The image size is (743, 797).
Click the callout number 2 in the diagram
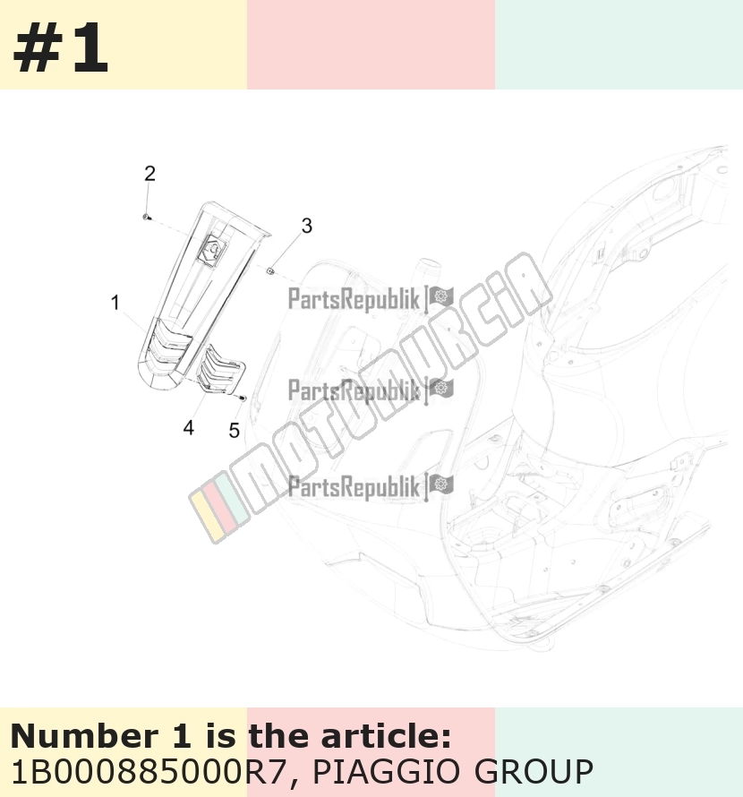click(149, 174)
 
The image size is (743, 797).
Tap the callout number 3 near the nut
click(306, 227)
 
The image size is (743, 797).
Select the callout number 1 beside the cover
click(115, 303)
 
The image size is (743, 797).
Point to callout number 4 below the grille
click(189, 428)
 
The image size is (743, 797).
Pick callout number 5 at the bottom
click(234, 431)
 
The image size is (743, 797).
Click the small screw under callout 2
click(147, 217)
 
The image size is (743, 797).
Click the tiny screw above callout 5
click(242, 397)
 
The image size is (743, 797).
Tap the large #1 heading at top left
click(61, 49)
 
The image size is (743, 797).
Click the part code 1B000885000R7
click(149, 772)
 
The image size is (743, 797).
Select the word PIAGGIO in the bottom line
click(388, 772)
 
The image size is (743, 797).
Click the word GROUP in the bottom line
click(534, 772)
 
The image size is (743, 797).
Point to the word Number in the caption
click(84, 736)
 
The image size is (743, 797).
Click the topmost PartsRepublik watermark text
click(354, 298)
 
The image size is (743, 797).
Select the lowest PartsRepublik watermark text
click(354, 486)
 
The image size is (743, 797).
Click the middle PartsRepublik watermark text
click(354, 390)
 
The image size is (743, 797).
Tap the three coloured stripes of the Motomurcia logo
click(219, 507)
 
